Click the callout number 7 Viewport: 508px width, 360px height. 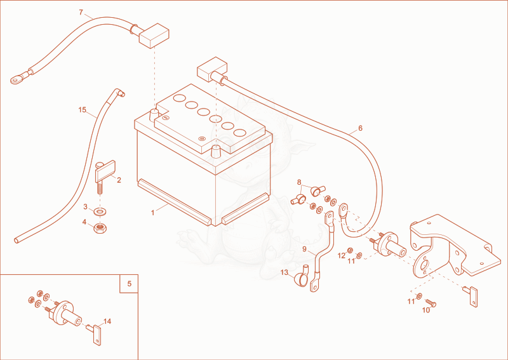[x=81, y=13]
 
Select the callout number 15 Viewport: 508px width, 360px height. [x=83, y=110]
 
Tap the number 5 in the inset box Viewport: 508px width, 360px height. [x=130, y=284]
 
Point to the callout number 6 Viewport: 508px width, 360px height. [x=360, y=128]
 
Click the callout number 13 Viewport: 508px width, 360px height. [x=284, y=272]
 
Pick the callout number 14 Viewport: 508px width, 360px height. [x=107, y=321]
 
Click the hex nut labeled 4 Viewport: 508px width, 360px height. [x=100, y=228]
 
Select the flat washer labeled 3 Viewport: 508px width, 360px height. [x=101, y=211]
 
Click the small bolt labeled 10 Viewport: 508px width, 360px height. [x=431, y=303]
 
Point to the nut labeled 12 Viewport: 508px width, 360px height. [x=351, y=251]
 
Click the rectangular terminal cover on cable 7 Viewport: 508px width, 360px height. [x=154, y=36]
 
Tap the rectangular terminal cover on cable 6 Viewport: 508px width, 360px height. [x=212, y=69]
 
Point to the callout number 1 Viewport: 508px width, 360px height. [x=152, y=213]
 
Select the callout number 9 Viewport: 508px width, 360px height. [x=304, y=249]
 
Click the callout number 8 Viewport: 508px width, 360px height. [x=299, y=182]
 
